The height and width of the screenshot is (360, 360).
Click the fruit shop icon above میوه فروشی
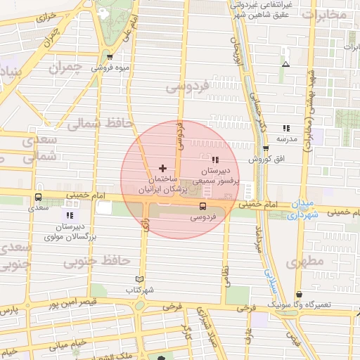pos(109,57)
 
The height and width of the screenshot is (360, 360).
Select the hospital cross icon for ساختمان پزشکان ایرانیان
pos(163,168)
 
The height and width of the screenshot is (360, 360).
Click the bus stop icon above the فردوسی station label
pos(202,206)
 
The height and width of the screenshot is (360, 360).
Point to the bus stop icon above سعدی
pos(38,197)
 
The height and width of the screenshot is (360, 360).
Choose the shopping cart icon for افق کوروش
pos(265,148)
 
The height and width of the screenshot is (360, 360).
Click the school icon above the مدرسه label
pos(286,128)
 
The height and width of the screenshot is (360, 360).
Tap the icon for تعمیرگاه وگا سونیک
pos(299,294)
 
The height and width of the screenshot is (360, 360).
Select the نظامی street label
pos(226,275)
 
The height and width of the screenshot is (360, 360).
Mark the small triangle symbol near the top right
pos(285,64)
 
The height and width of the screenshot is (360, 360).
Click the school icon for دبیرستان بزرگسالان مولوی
pos(70,215)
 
